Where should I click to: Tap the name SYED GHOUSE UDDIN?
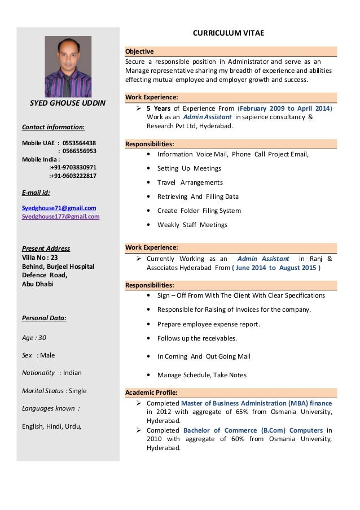[68, 103]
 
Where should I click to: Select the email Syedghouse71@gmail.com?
[59, 208]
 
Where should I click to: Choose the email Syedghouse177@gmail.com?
[60, 216]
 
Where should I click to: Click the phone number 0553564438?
[79, 143]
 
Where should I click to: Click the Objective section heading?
[138, 51]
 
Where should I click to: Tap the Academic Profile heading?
[151, 392]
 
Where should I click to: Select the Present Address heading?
[46, 249]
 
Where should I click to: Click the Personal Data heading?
[44, 318]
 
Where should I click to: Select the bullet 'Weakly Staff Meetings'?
[192, 225]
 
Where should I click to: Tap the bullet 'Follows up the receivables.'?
[197, 339]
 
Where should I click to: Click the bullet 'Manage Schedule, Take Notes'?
[201, 375]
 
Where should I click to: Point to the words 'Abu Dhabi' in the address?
[37, 284]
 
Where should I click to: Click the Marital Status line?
[54, 390]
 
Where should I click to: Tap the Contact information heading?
[54, 127]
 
